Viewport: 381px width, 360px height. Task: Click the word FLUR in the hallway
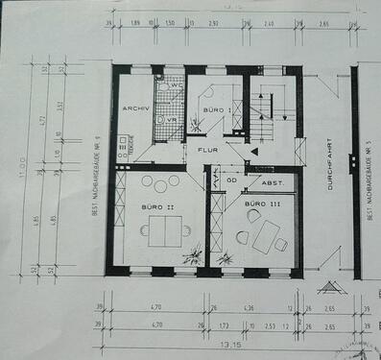[208, 151]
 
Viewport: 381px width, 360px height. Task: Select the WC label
[176, 85]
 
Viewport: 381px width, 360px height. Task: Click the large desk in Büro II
[159, 230]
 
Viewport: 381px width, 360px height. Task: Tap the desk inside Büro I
[218, 114]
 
